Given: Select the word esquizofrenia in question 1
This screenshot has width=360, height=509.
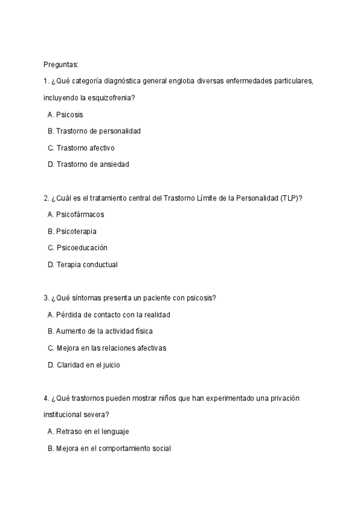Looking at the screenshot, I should tap(107, 97).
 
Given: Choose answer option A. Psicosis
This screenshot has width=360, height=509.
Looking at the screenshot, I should tap(65, 114).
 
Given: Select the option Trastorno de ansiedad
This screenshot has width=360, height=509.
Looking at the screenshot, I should tap(88, 164).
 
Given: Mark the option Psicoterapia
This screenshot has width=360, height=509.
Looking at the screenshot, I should tap(71, 231).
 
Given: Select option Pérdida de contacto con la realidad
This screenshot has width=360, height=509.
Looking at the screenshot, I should tap(109, 314).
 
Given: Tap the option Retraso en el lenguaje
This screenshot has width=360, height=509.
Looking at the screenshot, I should tap(88, 431).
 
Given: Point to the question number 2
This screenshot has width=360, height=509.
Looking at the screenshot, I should tap(46, 198).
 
